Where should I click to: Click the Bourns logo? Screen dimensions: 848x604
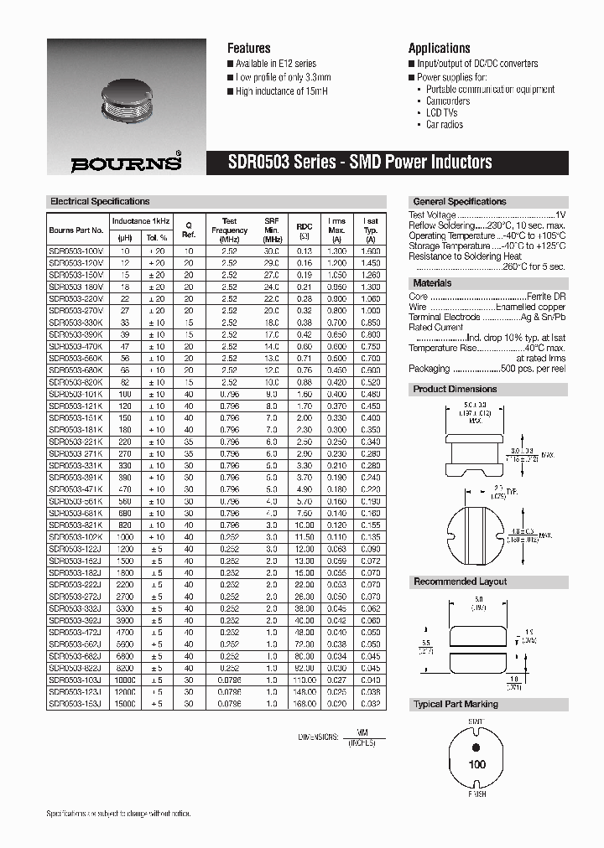coord(125,163)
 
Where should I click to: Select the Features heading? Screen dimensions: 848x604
coord(249,48)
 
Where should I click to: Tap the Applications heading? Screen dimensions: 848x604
coord(439,48)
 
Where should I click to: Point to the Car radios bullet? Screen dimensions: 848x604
coord(444,125)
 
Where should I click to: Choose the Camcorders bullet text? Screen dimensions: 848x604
coord(447,101)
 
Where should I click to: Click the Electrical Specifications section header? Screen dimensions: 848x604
coord(100,202)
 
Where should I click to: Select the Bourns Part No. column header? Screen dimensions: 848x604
coord(75,230)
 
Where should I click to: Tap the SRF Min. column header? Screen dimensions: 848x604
coord(271,230)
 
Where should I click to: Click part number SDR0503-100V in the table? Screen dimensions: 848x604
coord(75,251)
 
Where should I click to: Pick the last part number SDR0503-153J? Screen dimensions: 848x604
coord(75,704)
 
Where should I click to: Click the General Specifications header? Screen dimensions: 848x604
coord(459,202)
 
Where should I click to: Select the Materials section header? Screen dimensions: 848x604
coord(432,283)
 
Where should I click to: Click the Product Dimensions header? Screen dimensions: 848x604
coord(455,389)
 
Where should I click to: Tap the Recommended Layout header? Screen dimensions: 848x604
coord(460,582)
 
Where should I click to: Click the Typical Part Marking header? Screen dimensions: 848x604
coord(456,704)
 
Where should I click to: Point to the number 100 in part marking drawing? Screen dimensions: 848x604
coord(476,764)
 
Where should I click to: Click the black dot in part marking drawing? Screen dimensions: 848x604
coord(476,748)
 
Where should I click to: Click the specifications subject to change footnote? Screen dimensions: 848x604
coord(118,814)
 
